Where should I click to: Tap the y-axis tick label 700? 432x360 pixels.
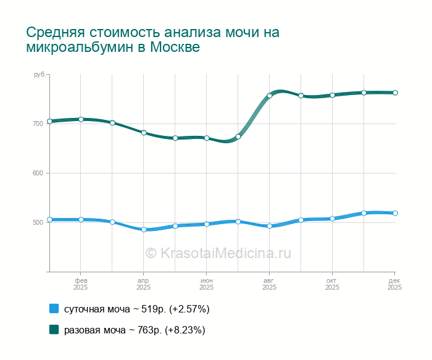click(38, 123)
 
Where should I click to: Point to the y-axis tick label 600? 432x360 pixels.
click(38, 173)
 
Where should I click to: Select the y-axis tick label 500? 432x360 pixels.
click(38, 222)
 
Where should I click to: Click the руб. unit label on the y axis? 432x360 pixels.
click(39, 75)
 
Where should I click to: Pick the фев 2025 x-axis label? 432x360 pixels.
click(80, 284)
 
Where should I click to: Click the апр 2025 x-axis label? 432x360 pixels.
click(143, 284)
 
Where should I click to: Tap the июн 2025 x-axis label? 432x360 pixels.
click(206, 284)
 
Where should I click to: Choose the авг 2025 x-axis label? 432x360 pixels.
click(269, 284)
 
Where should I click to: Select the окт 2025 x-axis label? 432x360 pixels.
click(332, 284)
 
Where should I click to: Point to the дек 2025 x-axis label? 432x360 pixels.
click(394, 284)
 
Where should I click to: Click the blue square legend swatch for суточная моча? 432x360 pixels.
click(54, 308)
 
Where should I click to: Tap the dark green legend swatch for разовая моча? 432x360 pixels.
click(54, 330)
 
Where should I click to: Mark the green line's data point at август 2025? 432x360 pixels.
click(270, 96)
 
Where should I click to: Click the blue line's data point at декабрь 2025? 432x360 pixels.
click(395, 213)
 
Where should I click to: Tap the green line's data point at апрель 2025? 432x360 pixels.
click(144, 133)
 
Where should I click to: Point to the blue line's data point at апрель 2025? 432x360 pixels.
click(144, 229)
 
